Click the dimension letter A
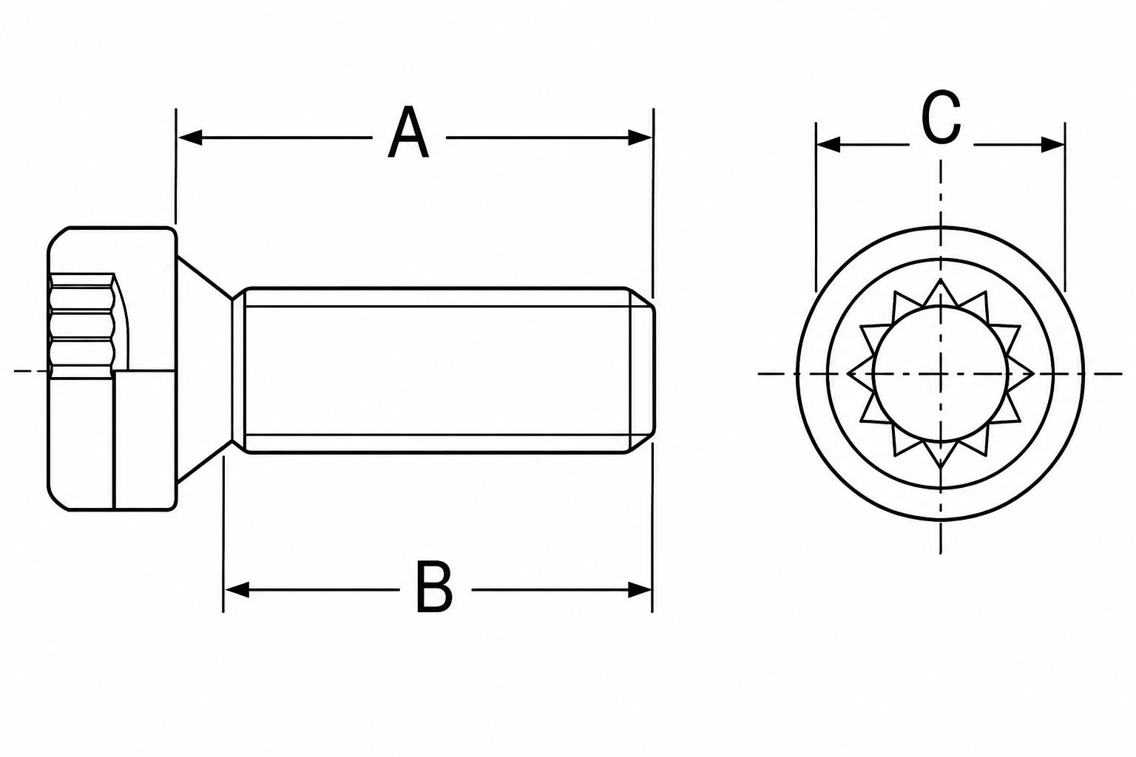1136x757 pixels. pyautogui.click(x=408, y=132)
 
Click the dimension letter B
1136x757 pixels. pyautogui.click(x=434, y=587)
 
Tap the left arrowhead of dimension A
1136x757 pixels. pyautogui.click(x=190, y=138)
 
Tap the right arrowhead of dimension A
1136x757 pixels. pyautogui.click(x=640, y=138)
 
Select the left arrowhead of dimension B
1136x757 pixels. pyautogui.click(x=237, y=590)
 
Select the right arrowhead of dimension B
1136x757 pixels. pyautogui.click(x=640, y=590)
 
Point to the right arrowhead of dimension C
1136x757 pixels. pyautogui.click(x=1052, y=144)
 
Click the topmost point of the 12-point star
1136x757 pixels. pyautogui.click(x=941, y=279)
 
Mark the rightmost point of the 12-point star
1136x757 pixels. pyautogui.click(x=1033, y=374)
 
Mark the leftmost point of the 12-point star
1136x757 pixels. pyautogui.click(x=848, y=374)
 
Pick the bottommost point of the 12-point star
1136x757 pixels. pyautogui.click(x=941, y=467)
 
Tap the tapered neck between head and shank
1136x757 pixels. pyautogui.click(x=206, y=370)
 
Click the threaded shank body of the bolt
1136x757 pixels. pyautogui.click(x=436, y=370)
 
